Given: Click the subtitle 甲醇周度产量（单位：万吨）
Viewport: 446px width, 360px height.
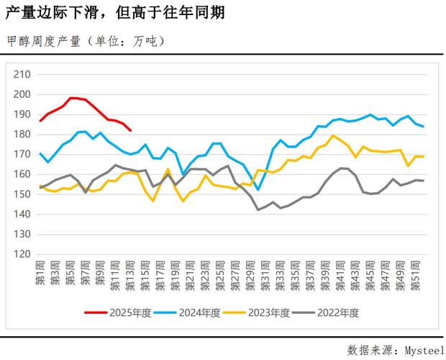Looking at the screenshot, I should point(86,41).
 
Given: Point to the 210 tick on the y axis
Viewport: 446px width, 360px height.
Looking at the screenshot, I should point(23,74).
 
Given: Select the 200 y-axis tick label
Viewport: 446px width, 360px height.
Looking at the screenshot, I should point(23,94).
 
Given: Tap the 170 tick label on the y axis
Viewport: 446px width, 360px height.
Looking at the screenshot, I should point(23,154).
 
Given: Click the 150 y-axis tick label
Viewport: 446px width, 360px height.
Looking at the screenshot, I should point(23,194).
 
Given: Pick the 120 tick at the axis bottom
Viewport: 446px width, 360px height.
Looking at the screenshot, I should point(23,254).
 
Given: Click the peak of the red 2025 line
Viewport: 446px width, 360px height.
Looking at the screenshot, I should point(72,98).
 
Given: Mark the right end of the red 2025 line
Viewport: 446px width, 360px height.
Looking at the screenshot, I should point(130,130).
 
